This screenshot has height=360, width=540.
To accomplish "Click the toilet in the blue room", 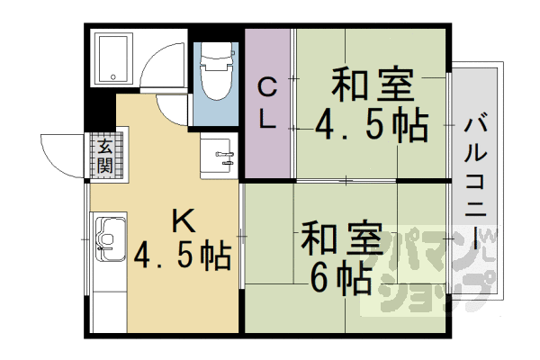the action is pyautogui.click(x=216, y=71).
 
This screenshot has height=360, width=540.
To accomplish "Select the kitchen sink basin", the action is pyautogui.click(x=111, y=239).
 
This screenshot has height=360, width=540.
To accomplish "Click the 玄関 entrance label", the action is pyautogui.click(x=104, y=156).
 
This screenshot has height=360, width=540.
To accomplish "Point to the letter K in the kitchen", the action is pyautogui.click(x=184, y=220).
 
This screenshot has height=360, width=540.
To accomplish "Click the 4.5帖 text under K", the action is pyautogui.click(x=182, y=256).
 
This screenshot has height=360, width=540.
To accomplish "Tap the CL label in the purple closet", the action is pyautogui.click(x=267, y=103).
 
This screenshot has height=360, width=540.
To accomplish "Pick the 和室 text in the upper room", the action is pyautogui.click(x=373, y=85).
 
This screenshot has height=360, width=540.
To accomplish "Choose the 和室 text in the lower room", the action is pyautogui.click(x=342, y=238).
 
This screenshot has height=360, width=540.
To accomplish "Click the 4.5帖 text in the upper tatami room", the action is pyautogui.click(x=372, y=125).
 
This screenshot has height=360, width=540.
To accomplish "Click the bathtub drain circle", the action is pyautogui.click(x=113, y=77).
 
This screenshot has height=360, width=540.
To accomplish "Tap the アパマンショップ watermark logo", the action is pyautogui.click(x=435, y=269).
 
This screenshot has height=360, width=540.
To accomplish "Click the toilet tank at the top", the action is pyautogui.click(x=217, y=54).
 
